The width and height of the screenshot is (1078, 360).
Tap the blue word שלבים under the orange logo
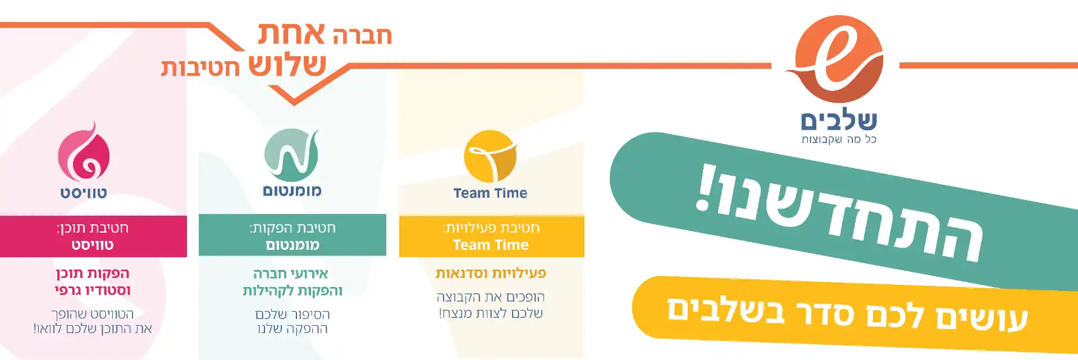(839, 121)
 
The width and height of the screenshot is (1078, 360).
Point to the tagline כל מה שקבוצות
(839, 139)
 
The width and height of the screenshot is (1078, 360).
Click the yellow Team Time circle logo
(491, 156)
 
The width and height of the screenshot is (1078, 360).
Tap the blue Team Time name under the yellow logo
(490, 193)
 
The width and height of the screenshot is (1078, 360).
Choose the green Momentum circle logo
(292, 155)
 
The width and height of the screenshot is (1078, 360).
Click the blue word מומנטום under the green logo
(292, 191)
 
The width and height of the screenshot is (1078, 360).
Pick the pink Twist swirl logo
(84, 152)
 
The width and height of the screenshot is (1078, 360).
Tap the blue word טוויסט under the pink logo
(84, 193)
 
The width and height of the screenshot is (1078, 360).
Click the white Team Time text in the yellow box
(491, 245)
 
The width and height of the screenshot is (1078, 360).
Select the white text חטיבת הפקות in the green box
(293, 227)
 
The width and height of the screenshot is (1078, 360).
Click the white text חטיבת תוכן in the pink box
(93, 227)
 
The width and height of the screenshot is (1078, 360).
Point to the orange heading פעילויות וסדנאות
(491, 274)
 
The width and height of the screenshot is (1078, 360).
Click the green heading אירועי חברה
(291, 274)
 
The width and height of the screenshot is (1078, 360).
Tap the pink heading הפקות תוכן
(93, 274)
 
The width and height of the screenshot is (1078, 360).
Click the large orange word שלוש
(287, 65)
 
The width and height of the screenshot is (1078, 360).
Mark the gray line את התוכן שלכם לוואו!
(93, 329)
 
